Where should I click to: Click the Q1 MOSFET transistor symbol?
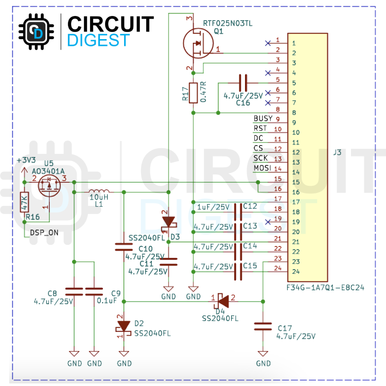point(198,44)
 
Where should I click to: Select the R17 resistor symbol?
point(194,93)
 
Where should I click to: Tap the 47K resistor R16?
point(24,202)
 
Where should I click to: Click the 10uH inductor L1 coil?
point(98,189)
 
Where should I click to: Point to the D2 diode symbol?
point(124,326)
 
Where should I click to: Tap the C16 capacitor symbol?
point(243,82)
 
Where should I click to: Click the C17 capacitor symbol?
point(263,326)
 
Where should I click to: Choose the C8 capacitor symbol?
point(74,291)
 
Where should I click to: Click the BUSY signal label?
point(263,118)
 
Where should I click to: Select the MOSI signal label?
point(262,168)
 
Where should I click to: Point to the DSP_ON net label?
point(44,233)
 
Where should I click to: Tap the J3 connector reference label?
point(337,152)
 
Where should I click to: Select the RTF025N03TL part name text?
point(227,23)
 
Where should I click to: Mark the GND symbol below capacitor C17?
point(263,355)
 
